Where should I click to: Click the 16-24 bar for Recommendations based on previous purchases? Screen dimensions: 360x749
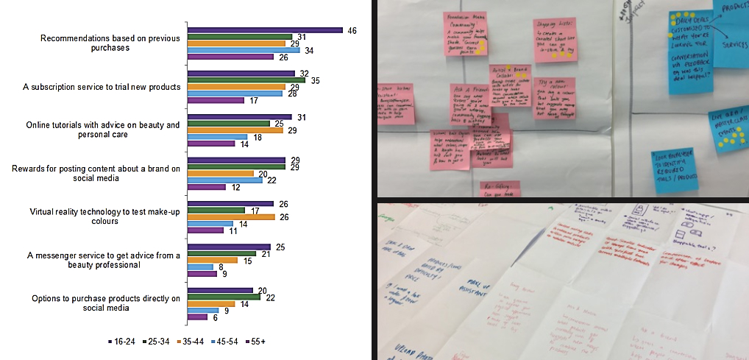[x=265, y=30]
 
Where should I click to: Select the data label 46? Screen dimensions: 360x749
[x=352, y=30]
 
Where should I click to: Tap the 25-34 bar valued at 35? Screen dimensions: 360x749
[x=246, y=80]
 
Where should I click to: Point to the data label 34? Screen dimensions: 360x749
[x=309, y=50]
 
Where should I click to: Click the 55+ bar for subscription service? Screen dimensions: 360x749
[x=216, y=100]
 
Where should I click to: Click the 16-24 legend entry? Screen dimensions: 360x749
[x=124, y=342]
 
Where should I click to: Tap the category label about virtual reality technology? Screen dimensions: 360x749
[x=104, y=216]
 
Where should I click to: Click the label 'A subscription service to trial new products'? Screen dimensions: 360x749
[x=102, y=87]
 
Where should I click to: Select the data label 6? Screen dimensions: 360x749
[x=215, y=317]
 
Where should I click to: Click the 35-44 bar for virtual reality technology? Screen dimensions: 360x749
[x=231, y=217]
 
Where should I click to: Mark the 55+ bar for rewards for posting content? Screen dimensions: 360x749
[x=206, y=187]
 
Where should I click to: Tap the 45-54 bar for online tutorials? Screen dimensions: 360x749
[x=217, y=137]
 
